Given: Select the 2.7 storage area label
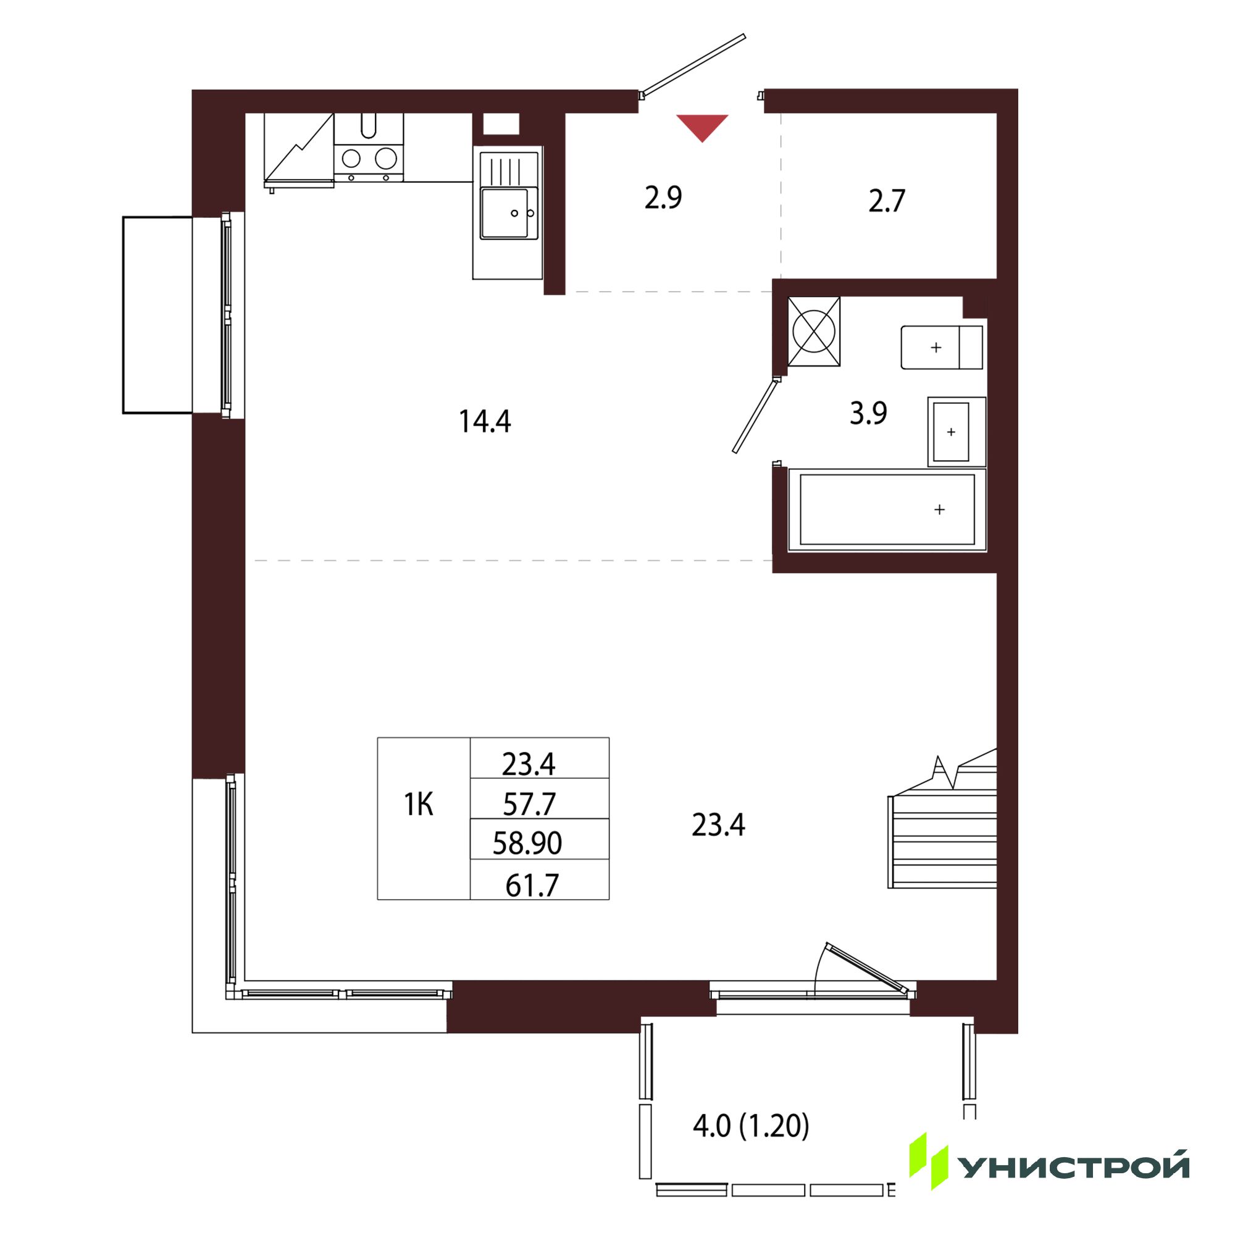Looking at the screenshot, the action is pyautogui.click(x=887, y=201).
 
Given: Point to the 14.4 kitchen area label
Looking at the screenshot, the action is pyautogui.click(x=485, y=422).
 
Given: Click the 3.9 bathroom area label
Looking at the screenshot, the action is pyautogui.click(x=868, y=414).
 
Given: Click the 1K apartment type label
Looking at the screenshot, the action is pyautogui.click(x=419, y=805).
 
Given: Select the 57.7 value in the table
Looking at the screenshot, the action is pyautogui.click(x=529, y=804).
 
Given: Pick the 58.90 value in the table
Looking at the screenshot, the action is pyautogui.click(x=527, y=844).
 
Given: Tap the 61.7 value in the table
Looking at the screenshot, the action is pyautogui.click(x=532, y=886).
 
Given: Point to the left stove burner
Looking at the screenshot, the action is pyautogui.click(x=351, y=157).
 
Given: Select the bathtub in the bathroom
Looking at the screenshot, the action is pyautogui.click(x=887, y=509).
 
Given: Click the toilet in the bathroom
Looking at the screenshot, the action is pyautogui.click(x=942, y=347).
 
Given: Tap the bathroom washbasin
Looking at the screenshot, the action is pyautogui.click(x=957, y=432).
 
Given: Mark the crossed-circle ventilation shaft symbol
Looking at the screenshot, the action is pyautogui.click(x=814, y=332).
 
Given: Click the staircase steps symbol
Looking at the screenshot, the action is pyautogui.click(x=942, y=823).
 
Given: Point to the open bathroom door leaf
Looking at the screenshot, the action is pyautogui.click(x=756, y=416).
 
